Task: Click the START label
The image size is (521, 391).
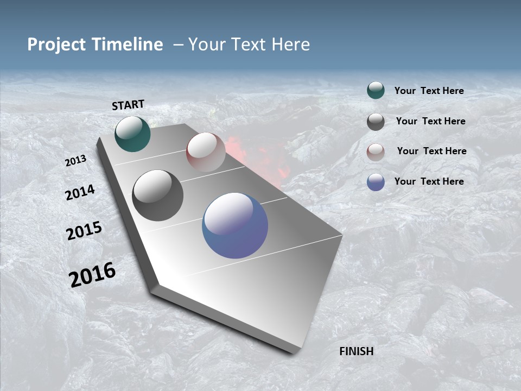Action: click(128, 105)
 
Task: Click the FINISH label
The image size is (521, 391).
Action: click(356, 351)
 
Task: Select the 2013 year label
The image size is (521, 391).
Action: click(75, 161)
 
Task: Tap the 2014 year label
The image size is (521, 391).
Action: click(80, 192)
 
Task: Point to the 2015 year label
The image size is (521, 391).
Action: click(84, 231)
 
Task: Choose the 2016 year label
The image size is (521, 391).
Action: click(92, 275)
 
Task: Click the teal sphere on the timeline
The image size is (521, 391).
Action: click(132, 134)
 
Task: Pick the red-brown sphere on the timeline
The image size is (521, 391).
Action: click(206, 152)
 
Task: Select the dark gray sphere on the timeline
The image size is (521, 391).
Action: click(157, 195)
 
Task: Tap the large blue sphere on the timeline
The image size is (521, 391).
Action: click(235, 225)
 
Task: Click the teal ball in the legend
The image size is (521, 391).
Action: click(376, 91)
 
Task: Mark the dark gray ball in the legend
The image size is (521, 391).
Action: click(376, 122)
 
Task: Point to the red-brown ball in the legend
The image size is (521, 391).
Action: click(376, 152)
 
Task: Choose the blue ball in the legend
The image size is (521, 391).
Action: click(376, 182)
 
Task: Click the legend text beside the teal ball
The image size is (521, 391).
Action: click(429, 91)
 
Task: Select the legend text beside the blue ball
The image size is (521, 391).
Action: click(429, 181)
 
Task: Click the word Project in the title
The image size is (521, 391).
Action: click(56, 45)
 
